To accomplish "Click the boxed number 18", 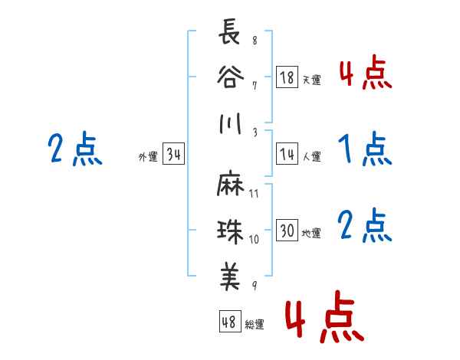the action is coord(287,77).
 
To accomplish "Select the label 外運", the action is coord(147,157).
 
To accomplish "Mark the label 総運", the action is coord(255,324).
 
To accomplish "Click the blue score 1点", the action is coord(364,149).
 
